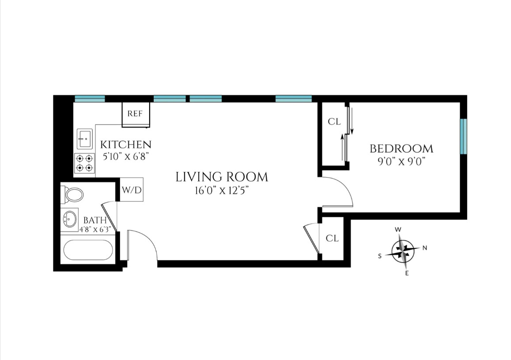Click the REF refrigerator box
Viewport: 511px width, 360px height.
click(135, 114)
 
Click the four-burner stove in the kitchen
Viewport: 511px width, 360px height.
click(84, 163)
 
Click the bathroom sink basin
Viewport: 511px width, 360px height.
click(69, 218)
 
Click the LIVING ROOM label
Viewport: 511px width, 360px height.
click(222, 177)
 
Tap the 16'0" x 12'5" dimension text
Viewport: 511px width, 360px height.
click(222, 191)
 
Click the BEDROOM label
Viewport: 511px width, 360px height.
click(401, 148)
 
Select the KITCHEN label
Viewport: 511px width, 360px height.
click(126, 144)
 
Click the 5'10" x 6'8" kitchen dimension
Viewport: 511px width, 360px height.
click(126, 156)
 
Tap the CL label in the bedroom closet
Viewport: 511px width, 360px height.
click(334, 122)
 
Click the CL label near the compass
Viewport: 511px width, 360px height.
click(332, 238)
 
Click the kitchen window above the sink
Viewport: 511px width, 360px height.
click(90, 99)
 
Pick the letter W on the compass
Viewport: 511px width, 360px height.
click(397, 230)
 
